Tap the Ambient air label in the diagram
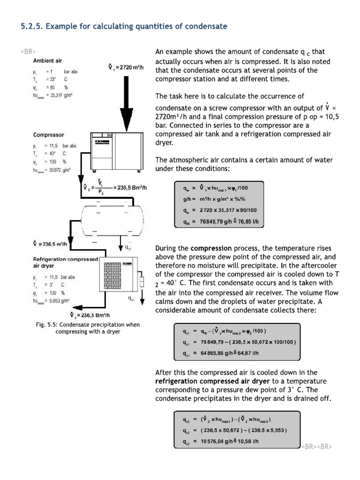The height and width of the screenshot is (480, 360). click(47, 60)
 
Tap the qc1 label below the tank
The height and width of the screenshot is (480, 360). click(128, 247)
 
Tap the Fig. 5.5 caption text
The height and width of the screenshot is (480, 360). click(88, 328)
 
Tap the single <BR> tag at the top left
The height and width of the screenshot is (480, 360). click(28, 51)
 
